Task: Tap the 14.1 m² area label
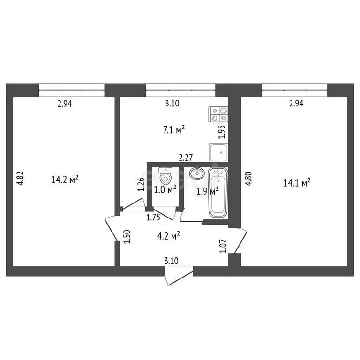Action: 298,183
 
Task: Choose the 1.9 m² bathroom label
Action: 207,191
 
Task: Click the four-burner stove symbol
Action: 218,115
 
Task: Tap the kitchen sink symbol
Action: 218,152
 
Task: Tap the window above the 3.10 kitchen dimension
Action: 180,87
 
